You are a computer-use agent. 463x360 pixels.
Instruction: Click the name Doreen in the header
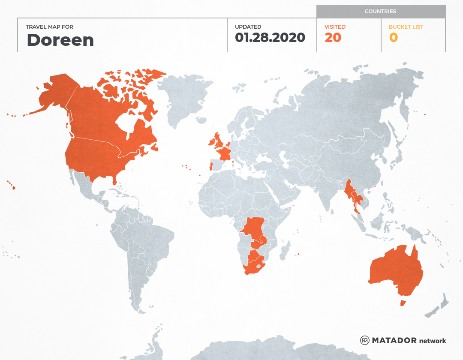point(60,40)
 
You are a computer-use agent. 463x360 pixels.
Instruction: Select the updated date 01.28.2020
point(270,38)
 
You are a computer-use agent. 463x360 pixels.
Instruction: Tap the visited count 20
point(333,38)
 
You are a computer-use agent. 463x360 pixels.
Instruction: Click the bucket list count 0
point(393,38)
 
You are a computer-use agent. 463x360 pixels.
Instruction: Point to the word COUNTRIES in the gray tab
point(380,12)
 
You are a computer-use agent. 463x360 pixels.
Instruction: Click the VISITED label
point(335,27)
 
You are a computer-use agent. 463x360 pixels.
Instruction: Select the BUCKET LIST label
point(406,27)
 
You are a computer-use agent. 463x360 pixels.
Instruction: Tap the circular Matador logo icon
point(365,340)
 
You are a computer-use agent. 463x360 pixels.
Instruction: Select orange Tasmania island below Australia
point(403,303)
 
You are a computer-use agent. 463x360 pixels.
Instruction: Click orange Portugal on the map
point(210,166)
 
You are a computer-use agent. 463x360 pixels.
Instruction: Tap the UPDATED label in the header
point(248,27)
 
